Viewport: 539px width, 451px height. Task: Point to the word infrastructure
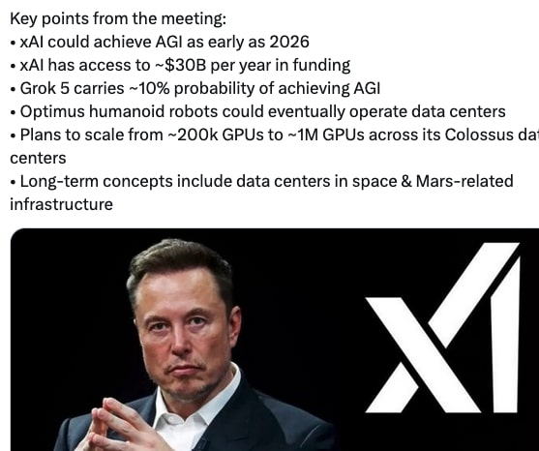click(61, 204)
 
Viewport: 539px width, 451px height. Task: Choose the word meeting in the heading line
click(181, 19)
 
